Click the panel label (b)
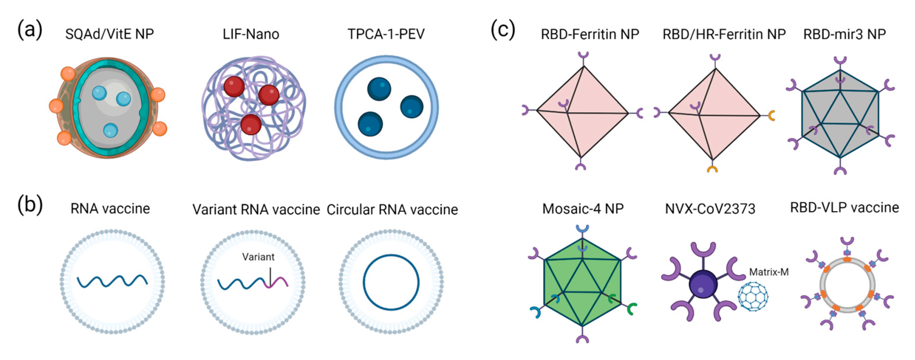(30, 205)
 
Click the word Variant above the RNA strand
(258, 257)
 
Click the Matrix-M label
(769, 272)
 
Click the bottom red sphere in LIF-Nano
(251, 124)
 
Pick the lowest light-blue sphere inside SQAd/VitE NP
(111, 130)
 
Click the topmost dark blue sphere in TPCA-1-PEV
(379, 89)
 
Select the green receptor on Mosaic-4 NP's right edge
(631, 308)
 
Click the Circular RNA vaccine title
(392, 210)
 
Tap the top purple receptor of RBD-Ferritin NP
(583, 55)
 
